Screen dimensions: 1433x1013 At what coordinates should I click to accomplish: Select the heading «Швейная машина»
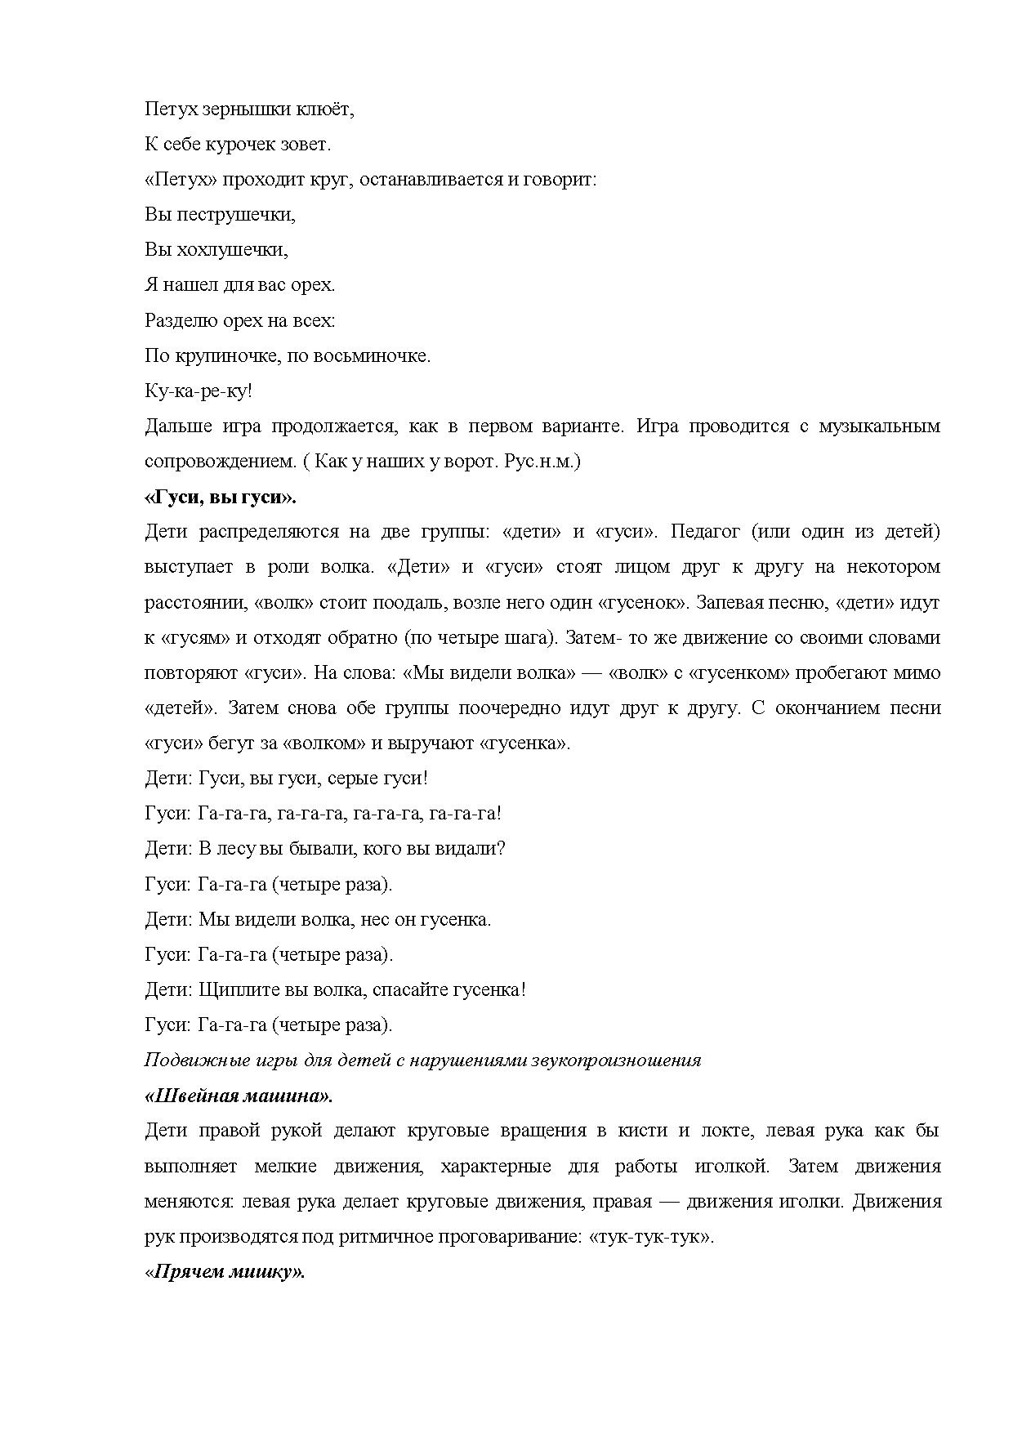click(239, 1096)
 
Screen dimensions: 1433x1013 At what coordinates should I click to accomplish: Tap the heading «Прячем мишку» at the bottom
click(225, 1272)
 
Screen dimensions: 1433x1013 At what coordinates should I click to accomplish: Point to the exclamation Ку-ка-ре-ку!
click(199, 391)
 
